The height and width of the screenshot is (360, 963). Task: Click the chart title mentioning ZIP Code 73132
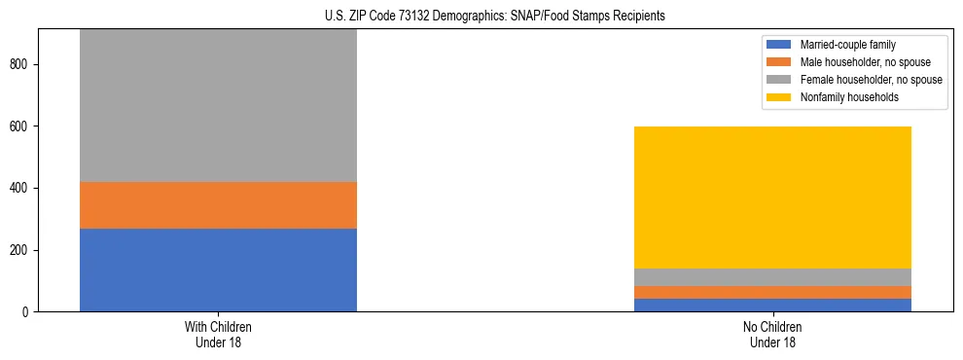tap(495, 17)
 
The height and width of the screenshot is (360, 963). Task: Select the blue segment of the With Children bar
tap(218, 270)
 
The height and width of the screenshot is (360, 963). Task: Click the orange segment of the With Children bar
tap(218, 205)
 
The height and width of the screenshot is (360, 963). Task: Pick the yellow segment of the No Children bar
tap(772, 198)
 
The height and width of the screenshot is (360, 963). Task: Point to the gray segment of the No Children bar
tap(772, 277)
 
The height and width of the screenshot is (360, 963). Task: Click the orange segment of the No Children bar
tap(772, 292)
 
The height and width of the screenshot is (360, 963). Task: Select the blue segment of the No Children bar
tap(772, 305)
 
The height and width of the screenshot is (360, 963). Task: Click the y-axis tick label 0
tap(27, 312)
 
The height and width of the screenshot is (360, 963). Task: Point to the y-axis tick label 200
tap(20, 250)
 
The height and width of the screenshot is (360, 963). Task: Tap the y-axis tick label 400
tap(20, 188)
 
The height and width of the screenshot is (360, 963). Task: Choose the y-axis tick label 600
tap(20, 126)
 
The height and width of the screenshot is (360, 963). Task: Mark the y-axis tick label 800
tap(20, 64)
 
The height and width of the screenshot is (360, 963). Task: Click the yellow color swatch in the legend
tap(780, 97)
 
